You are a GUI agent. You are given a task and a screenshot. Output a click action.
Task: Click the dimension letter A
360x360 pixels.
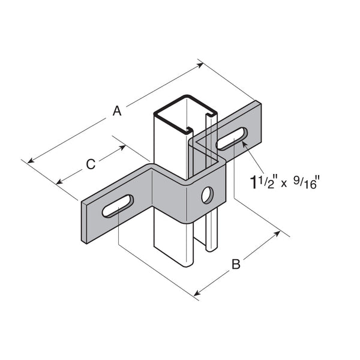click(x=118, y=111)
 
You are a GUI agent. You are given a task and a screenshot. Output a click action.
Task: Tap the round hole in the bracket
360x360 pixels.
click(x=206, y=194)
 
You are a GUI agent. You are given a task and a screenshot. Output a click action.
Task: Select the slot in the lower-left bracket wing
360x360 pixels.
click(x=118, y=206)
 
